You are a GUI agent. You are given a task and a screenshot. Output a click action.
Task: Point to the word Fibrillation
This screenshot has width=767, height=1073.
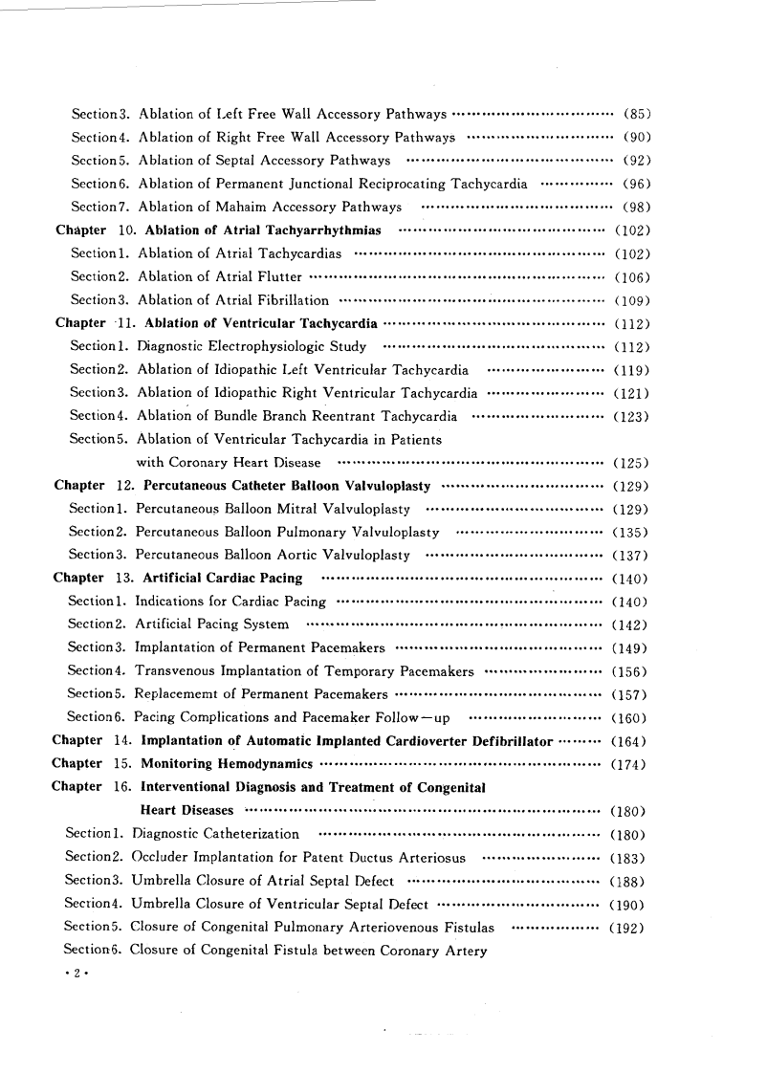280,300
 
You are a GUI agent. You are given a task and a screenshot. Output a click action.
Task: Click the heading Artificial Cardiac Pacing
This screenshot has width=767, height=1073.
222,578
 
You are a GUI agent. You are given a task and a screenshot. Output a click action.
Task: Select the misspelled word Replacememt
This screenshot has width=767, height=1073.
182,694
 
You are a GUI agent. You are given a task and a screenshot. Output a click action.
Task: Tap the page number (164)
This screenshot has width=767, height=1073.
629,741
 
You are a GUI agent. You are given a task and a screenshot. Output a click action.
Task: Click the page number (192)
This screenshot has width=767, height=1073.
627,927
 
